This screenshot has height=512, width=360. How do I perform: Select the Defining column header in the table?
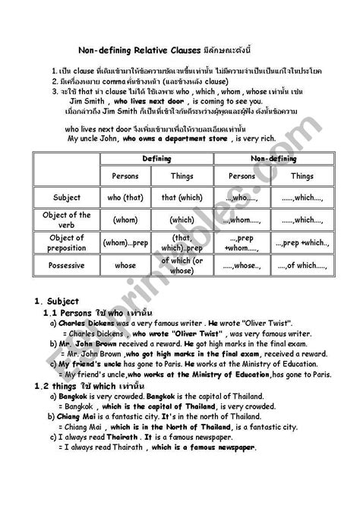click(157, 159)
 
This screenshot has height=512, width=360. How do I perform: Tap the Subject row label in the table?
click(68, 198)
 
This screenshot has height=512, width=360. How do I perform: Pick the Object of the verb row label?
click(68, 220)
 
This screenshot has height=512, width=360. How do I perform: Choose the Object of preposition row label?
click(68, 244)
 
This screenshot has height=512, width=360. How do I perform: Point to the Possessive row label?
click(68, 266)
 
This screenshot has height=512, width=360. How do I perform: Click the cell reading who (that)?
click(125, 198)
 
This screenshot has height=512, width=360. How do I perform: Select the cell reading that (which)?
click(182, 198)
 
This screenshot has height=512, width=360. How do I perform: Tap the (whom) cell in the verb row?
click(125, 220)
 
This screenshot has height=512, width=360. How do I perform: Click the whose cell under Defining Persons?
click(125, 266)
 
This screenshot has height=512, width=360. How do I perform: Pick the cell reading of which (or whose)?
click(182, 266)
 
